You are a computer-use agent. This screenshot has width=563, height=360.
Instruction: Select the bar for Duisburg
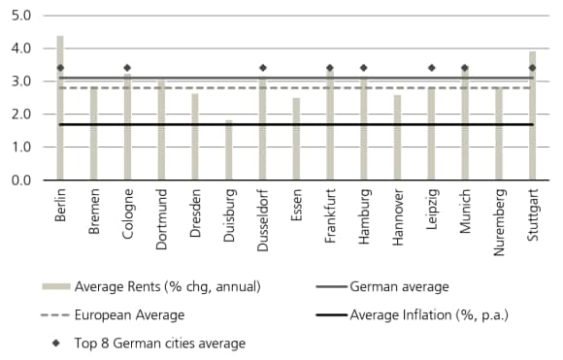(x=229, y=150)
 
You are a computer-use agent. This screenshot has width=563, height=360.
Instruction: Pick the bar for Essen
(x=296, y=139)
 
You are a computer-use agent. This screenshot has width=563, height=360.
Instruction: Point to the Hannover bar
(x=397, y=138)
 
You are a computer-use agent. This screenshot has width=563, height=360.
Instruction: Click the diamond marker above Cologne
(x=127, y=68)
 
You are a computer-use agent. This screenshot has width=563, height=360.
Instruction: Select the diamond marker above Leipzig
(x=431, y=68)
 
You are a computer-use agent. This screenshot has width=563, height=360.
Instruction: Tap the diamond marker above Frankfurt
(x=330, y=68)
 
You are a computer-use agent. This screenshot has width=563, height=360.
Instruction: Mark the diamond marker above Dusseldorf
(x=262, y=68)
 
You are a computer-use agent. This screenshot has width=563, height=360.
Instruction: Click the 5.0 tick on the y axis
(x=22, y=16)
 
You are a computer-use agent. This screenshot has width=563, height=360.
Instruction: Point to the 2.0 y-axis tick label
(x=22, y=115)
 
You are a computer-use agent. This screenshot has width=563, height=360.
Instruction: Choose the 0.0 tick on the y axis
(x=22, y=180)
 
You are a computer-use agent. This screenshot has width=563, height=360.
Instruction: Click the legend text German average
(x=399, y=287)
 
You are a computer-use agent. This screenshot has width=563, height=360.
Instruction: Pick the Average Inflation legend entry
(x=428, y=315)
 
